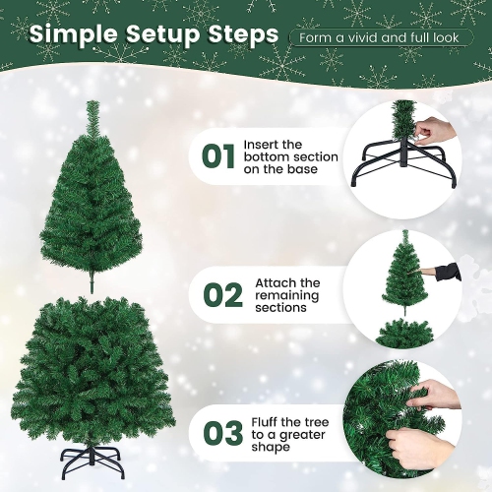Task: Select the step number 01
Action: click(217, 157)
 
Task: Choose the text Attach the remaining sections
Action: click(287, 294)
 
